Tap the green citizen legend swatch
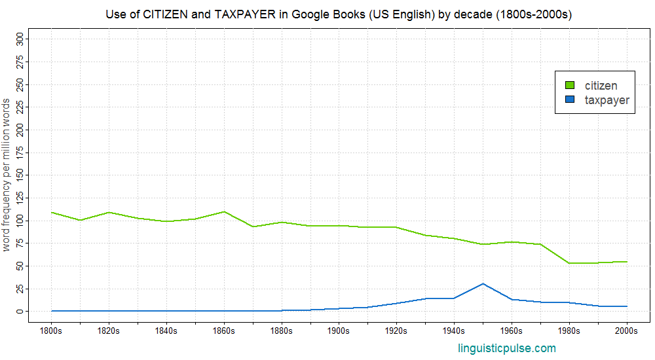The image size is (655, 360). (x=569, y=85)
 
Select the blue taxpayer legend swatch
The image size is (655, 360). (x=569, y=99)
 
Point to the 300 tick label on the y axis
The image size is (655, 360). (x=19, y=40)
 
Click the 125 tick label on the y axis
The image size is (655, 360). (x=19, y=198)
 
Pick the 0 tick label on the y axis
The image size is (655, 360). (x=19, y=311)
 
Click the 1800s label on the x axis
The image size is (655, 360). (x=51, y=331)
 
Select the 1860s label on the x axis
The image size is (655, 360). (x=224, y=331)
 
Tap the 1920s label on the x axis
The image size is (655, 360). (x=396, y=331)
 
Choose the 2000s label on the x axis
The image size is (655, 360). (x=627, y=331)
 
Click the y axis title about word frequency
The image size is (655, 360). (x=7, y=175)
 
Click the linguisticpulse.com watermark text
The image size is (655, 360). (x=507, y=348)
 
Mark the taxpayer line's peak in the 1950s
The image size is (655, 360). (x=483, y=283)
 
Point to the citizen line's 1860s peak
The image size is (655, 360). (x=224, y=211)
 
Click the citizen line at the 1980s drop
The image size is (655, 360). (x=569, y=263)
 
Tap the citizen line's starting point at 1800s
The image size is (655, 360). (x=51, y=212)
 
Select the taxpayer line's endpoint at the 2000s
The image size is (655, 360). (x=627, y=306)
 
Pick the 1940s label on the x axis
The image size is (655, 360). (x=454, y=331)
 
